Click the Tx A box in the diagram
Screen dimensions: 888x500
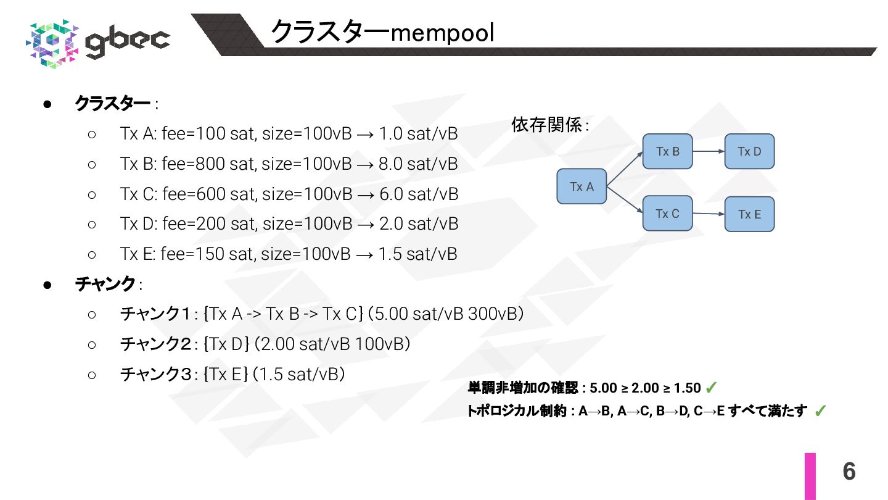pyautogui.click(x=582, y=186)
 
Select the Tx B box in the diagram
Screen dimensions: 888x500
pyautogui.click(x=667, y=151)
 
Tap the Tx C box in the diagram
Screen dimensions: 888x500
pyautogui.click(x=667, y=214)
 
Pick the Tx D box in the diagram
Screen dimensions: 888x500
pyautogui.click(x=749, y=151)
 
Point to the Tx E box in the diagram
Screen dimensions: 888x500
pyautogui.click(x=749, y=214)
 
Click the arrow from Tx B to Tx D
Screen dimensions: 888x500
pyautogui.click(x=709, y=151)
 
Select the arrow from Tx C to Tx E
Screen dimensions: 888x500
pyautogui.click(x=709, y=214)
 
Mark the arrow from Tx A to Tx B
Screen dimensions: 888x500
pyautogui.click(x=625, y=169)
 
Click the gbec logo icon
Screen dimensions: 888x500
pyautogui.click(x=53, y=43)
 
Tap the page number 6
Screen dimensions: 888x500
pyautogui.click(x=849, y=472)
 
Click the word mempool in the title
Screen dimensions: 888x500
pyautogui.click(x=442, y=33)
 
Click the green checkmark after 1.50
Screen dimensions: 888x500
pyautogui.click(x=710, y=388)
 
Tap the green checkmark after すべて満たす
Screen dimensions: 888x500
pyautogui.click(x=820, y=411)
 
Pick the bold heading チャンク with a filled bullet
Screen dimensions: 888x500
pyautogui.click(x=105, y=284)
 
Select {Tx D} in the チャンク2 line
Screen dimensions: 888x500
pyautogui.click(x=226, y=344)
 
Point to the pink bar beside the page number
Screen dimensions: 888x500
pyautogui.click(x=810, y=476)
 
